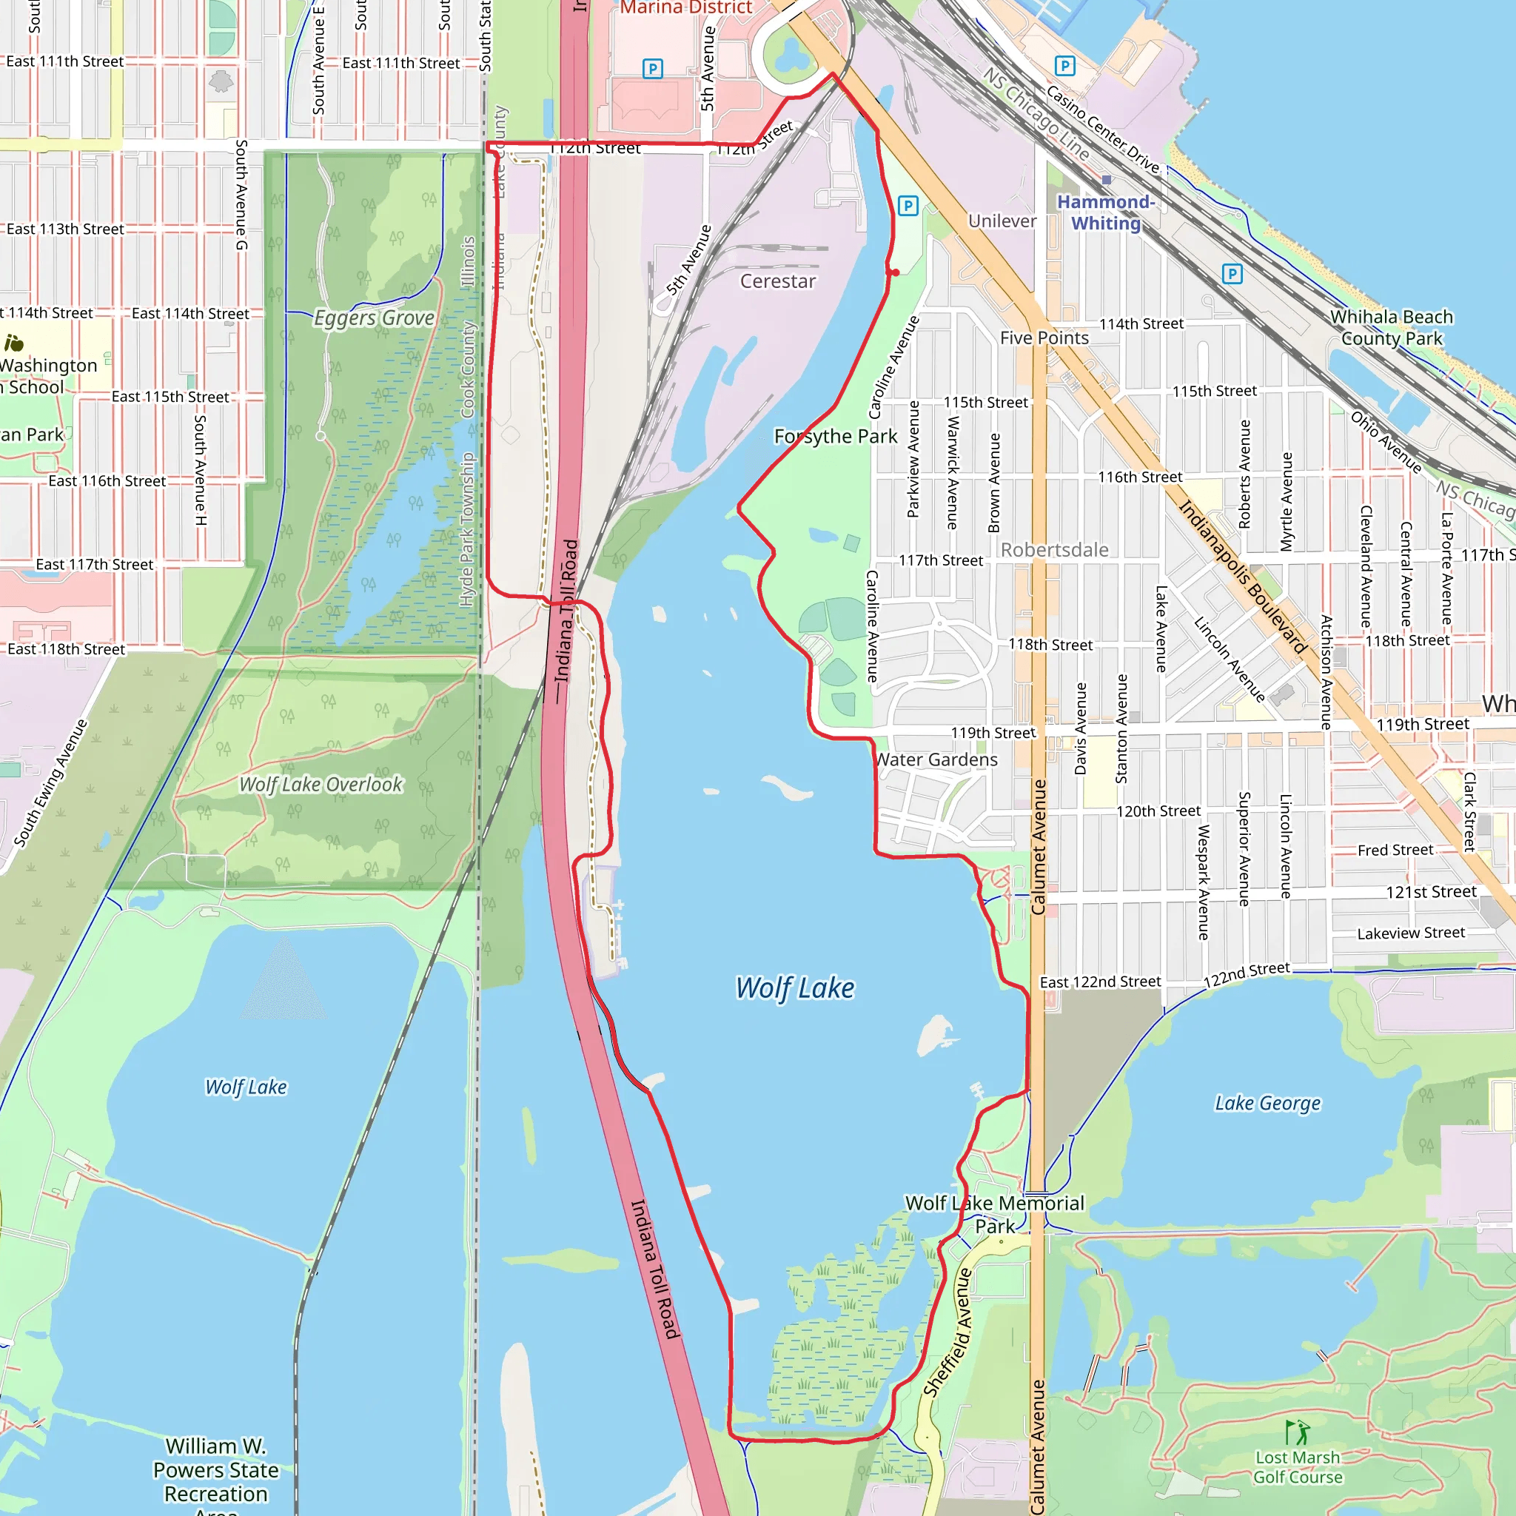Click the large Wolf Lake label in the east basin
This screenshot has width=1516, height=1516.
(x=795, y=988)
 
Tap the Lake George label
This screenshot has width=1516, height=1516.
(x=1267, y=1103)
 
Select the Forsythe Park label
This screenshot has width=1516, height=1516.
(x=836, y=436)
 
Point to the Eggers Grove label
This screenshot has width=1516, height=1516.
(x=375, y=318)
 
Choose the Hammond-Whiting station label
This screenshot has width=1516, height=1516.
(x=1106, y=212)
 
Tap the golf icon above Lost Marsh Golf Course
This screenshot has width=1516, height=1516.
(x=1298, y=1432)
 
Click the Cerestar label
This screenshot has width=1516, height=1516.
(x=778, y=281)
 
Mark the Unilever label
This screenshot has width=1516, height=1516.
(x=1002, y=221)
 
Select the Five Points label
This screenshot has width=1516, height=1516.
(x=1044, y=338)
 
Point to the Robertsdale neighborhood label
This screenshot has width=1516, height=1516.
(x=1055, y=550)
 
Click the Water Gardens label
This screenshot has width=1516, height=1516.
(x=937, y=759)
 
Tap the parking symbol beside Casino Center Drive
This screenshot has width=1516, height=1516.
(x=1064, y=66)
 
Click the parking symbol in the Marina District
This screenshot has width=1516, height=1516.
(x=652, y=69)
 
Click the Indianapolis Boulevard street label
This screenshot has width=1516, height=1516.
(x=1243, y=577)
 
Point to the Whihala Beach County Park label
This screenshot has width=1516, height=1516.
(x=1391, y=327)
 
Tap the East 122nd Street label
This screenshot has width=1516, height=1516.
(x=1100, y=982)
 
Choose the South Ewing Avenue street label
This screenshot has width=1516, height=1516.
(x=51, y=782)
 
